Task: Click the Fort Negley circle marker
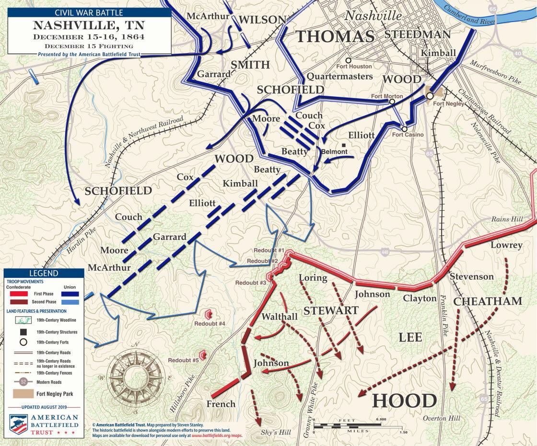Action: [430, 96]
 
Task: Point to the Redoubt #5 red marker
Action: [203, 355]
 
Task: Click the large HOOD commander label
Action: [404, 401]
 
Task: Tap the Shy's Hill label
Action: [276, 433]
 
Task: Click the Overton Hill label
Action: [441, 418]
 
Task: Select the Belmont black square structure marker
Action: [344, 145]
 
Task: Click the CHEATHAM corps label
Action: [487, 301]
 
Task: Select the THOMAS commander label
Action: [334, 36]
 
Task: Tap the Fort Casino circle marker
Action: [405, 129]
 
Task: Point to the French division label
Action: [221, 404]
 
